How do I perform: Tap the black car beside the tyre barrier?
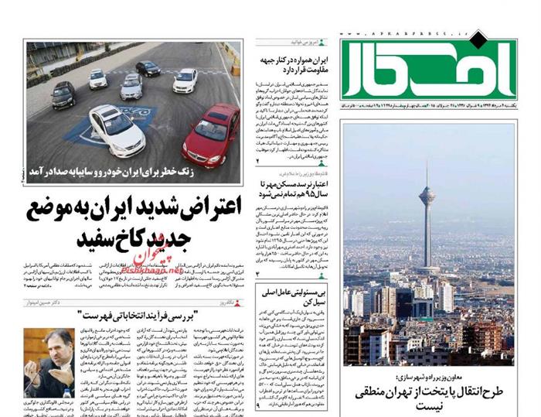(x=63, y=94)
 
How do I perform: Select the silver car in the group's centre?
(x=131, y=87)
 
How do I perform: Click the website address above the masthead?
(x=394, y=35)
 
